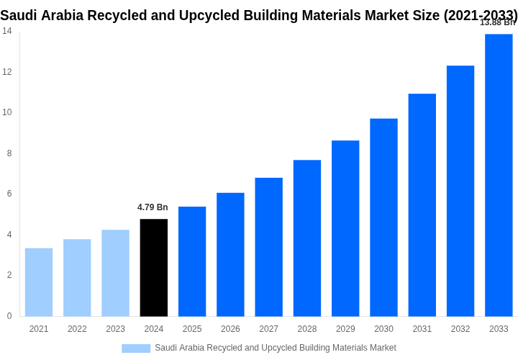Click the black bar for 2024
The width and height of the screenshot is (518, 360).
[153, 268]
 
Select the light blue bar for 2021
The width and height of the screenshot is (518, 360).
[39, 282]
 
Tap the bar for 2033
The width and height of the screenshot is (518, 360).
[499, 175]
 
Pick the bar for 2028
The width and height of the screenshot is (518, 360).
[307, 238]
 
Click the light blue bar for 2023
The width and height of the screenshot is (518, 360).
[115, 273]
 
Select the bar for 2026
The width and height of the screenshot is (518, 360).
[230, 254]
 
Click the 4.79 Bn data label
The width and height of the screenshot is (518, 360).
[153, 207]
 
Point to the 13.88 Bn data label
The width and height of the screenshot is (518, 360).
[497, 22]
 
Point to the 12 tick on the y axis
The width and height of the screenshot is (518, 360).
[6, 72]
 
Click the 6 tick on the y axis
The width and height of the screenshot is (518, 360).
[9, 194]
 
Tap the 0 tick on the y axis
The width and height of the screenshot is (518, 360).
[9, 316]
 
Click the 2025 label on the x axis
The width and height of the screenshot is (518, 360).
[192, 329]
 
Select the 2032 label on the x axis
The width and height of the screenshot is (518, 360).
[460, 329]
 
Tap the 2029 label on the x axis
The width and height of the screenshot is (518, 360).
[345, 329]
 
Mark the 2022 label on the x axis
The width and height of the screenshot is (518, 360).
[77, 329]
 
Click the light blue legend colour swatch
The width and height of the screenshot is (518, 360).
[136, 348]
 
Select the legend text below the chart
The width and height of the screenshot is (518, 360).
[275, 348]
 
